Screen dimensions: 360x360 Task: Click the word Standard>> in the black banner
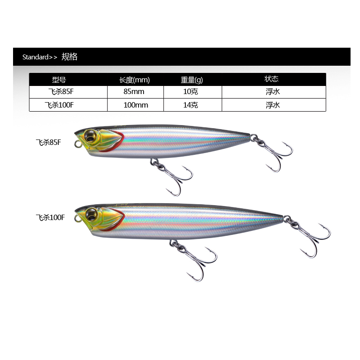click(40, 57)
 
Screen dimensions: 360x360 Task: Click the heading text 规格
click(69, 57)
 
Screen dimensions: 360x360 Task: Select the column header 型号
click(59, 80)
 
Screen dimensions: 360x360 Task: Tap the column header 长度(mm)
click(134, 80)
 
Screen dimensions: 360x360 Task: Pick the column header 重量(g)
click(192, 80)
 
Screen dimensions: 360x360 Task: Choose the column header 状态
click(272, 79)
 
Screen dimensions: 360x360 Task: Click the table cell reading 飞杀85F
click(59, 92)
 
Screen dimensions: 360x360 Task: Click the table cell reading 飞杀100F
click(59, 105)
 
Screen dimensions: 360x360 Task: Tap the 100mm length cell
click(135, 105)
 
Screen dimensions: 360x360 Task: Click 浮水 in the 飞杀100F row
click(273, 105)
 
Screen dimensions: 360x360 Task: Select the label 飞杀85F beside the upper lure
click(48, 143)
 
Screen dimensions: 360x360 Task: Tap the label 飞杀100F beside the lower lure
click(50, 217)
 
